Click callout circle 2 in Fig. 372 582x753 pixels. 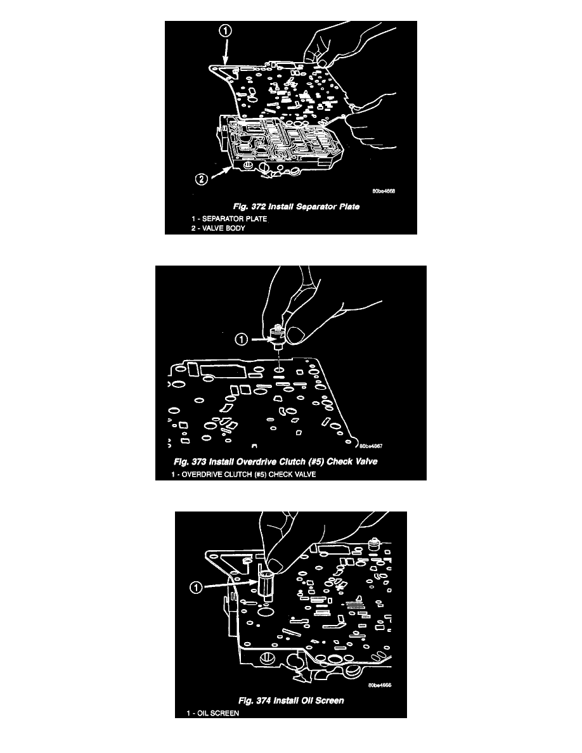point(202,179)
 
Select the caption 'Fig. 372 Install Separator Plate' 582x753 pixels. point(296,207)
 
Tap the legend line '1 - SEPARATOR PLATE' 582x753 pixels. point(229,219)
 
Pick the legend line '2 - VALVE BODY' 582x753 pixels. point(218,229)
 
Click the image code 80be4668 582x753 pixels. point(384,191)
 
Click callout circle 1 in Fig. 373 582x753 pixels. point(241,340)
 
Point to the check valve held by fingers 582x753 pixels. point(277,336)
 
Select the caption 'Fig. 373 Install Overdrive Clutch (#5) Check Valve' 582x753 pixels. point(276,462)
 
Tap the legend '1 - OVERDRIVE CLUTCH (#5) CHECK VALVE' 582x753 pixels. point(243,475)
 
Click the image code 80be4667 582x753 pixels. point(371,446)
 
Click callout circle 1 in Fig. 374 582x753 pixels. point(196,588)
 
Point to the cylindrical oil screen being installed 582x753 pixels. point(265,586)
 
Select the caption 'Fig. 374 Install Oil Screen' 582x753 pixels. point(291,700)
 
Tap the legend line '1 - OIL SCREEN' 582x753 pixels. point(213,714)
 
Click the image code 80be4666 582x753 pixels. point(380,685)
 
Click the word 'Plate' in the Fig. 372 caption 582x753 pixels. point(349,207)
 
